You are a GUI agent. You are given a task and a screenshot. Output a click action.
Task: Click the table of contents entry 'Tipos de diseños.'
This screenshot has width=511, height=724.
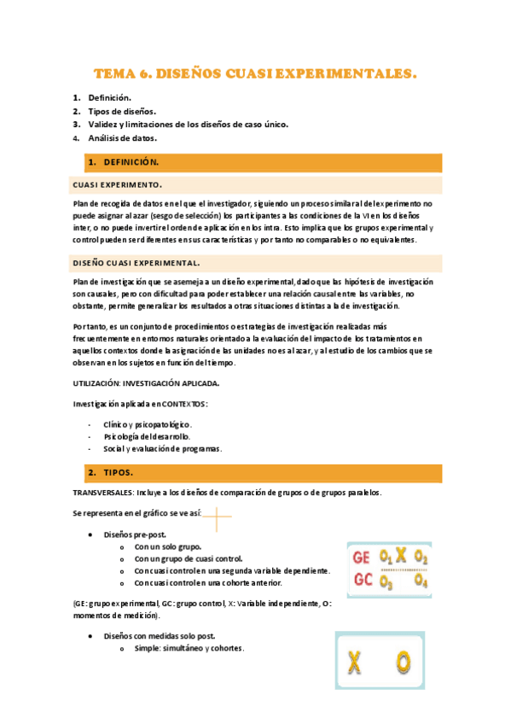pos(122,111)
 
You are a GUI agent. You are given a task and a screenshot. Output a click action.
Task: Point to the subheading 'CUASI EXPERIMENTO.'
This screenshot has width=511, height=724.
pos(117,184)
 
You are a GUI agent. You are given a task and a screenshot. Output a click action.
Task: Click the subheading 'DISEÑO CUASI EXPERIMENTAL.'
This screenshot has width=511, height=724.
pos(136,263)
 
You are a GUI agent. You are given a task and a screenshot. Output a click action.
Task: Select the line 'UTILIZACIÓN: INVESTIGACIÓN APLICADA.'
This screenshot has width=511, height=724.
pos(146,383)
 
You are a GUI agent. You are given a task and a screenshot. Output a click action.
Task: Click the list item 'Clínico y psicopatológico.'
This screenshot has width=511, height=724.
pos(147,424)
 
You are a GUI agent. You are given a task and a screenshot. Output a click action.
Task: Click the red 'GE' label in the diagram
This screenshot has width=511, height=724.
pos(363,558)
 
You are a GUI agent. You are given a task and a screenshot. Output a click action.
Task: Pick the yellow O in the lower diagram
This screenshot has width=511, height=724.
pos(403,661)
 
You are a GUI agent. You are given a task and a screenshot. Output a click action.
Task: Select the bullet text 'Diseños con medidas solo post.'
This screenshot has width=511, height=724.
pos(159,635)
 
